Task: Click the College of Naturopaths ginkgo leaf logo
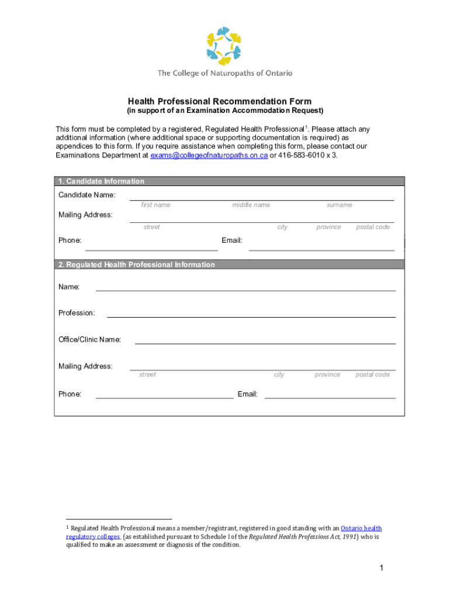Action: coord(224,45)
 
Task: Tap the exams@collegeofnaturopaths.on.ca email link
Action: coord(209,156)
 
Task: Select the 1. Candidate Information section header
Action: coord(101,181)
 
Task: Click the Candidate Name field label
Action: coord(86,195)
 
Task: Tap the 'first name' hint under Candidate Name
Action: coord(155,205)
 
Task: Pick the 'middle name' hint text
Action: coord(251,205)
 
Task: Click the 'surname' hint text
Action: coord(339,205)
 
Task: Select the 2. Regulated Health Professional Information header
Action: coord(136,265)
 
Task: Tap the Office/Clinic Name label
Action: coord(89,340)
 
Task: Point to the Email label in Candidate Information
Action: coord(232,240)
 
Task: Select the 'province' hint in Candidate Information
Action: coord(328,228)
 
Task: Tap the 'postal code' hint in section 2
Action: coord(372,375)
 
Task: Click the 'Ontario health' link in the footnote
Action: coord(361,528)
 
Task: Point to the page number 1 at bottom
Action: coord(380,568)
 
